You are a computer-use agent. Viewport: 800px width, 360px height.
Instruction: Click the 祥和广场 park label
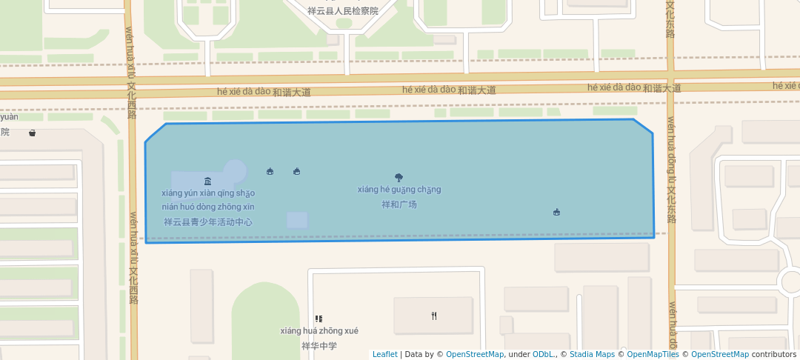click(399, 204)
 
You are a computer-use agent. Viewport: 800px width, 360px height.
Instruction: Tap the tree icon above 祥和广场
click(399, 178)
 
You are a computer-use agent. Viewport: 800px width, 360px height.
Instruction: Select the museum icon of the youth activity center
click(207, 181)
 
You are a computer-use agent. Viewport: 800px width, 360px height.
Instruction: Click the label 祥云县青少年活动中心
click(208, 221)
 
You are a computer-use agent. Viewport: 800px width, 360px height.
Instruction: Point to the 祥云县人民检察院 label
click(343, 11)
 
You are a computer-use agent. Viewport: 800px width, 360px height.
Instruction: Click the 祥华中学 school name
click(319, 346)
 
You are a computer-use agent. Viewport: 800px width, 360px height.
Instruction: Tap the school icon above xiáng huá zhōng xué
click(319, 319)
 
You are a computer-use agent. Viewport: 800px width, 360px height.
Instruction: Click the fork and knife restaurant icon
click(434, 316)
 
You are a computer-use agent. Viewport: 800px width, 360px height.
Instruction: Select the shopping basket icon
click(33, 133)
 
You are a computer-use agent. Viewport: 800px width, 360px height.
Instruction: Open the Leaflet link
click(384, 354)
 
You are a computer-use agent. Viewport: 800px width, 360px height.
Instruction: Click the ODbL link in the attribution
click(542, 354)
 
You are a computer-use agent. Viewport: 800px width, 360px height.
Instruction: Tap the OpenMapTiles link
click(653, 354)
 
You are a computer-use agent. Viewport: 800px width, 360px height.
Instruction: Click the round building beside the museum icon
click(235, 171)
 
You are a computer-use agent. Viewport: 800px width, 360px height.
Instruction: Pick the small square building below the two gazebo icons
click(297, 220)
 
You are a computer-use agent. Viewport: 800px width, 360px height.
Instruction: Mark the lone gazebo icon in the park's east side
click(556, 213)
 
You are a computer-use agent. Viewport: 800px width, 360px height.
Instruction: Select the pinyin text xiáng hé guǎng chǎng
click(399, 190)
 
